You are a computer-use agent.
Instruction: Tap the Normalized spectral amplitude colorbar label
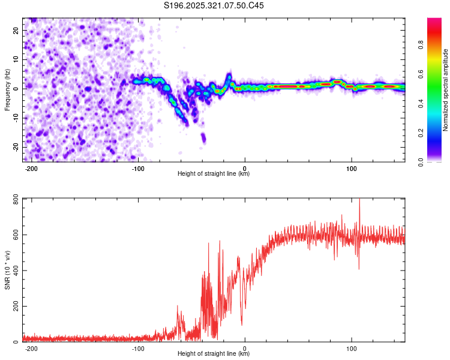pos(446,90)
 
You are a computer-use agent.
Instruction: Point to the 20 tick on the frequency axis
pos(16,29)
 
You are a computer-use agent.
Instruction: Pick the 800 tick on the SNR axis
pos(14,199)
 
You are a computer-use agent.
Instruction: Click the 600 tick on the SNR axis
pos(14,235)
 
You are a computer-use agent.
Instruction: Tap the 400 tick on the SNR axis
pos(14,271)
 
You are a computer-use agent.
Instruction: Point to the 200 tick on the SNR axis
pos(14,307)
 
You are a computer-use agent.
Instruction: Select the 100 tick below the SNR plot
pos(352,349)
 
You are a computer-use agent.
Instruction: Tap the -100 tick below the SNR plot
pos(138,349)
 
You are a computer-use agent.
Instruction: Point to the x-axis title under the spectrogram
pos(214,174)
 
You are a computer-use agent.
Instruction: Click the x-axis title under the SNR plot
pos(214,354)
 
